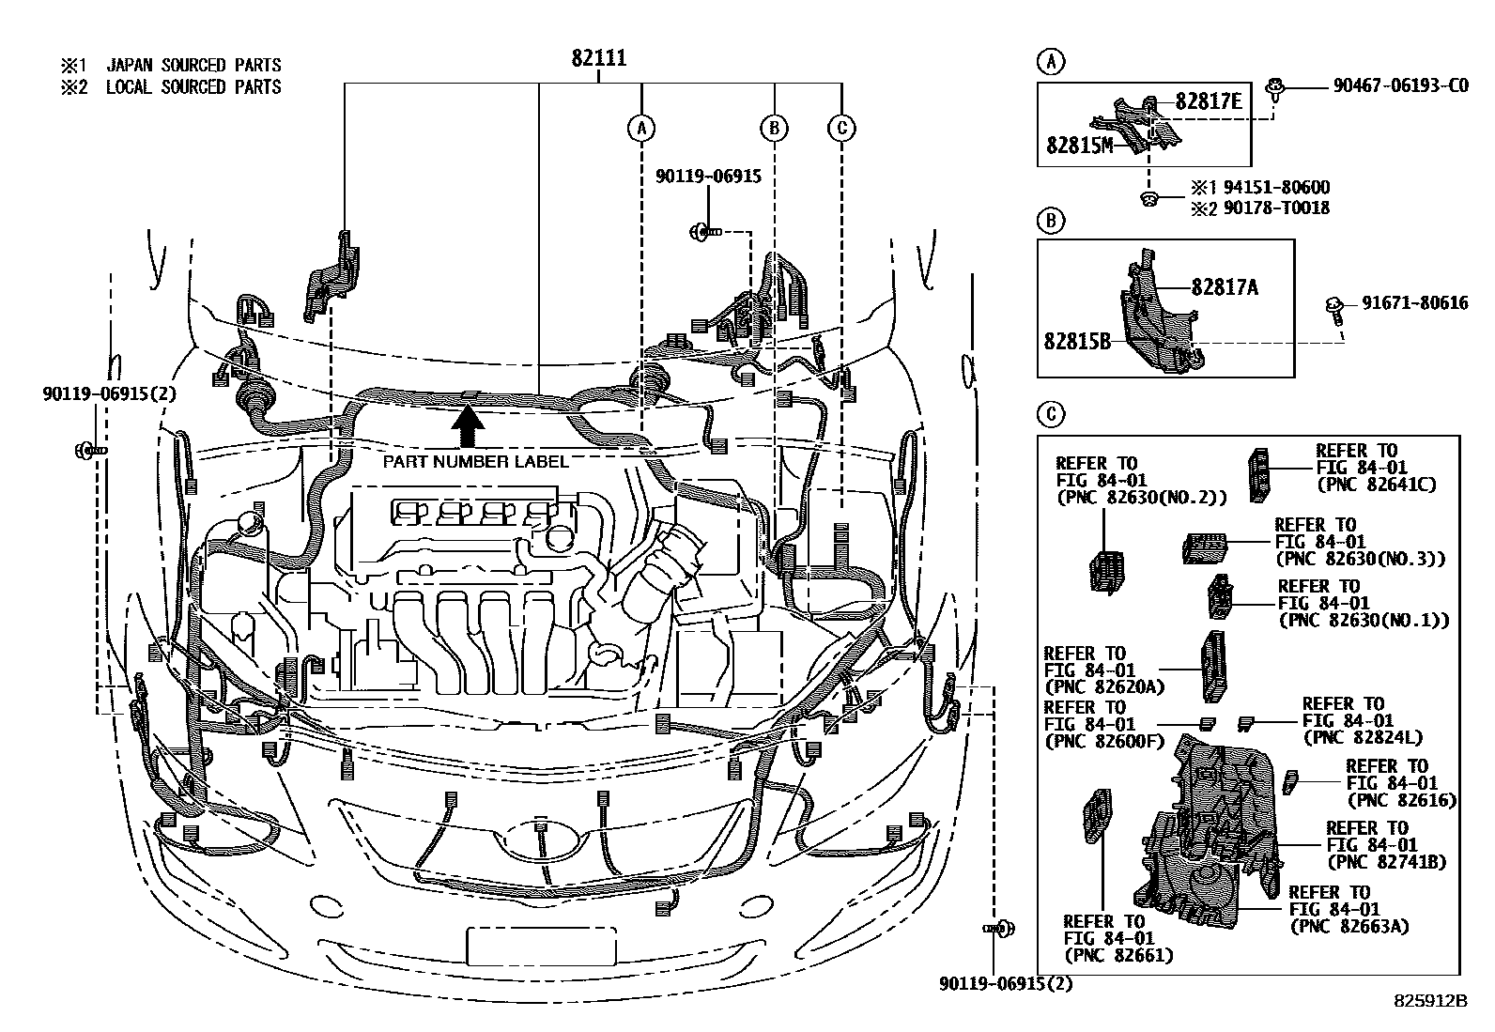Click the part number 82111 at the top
coord(599,58)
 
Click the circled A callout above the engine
coord(640,128)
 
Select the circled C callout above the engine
coord(841,128)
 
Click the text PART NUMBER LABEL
coord(475,461)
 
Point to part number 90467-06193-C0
coord(1400,85)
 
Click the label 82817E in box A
coord(1208,101)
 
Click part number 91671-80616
coord(1415,302)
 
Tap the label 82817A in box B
coord(1225,287)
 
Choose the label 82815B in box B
coord(1076,342)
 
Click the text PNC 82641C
coord(1377,485)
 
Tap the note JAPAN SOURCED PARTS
coord(193,65)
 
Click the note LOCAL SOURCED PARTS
coord(193,87)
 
